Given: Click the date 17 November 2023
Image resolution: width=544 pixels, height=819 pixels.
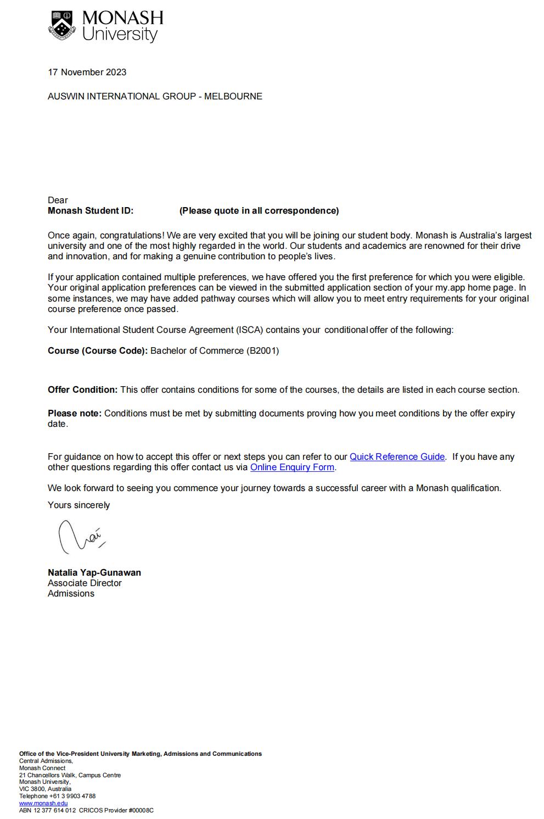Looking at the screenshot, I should tap(87, 73).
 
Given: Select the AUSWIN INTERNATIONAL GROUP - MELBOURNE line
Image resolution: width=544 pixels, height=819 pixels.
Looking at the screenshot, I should tap(155, 97).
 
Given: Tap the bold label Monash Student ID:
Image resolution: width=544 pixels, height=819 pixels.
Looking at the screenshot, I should tap(91, 211).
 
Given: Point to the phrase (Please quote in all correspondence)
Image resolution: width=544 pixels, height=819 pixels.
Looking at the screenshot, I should tap(259, 211).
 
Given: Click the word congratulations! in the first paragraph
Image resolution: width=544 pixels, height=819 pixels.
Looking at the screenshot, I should tap(132, 236).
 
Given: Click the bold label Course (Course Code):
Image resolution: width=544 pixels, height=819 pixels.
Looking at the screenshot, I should tap(98, 351).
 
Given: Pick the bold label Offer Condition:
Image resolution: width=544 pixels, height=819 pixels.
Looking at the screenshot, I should tap(82, 390).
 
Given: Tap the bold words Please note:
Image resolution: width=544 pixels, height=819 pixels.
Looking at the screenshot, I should tap(75, 414).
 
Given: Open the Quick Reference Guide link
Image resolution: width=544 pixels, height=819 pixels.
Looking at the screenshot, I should tap(397, 457).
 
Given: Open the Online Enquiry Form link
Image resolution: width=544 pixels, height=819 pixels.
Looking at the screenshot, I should tap(292, 467).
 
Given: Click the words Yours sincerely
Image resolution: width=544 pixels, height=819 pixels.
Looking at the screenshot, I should tap(78, 505).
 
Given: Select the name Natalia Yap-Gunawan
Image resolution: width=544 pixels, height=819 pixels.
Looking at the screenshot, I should tap(94, 573).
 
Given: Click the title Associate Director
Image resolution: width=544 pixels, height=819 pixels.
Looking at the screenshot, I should tap(85, 583).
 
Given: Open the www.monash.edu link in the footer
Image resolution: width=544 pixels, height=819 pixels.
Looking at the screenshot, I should tap(43, 803).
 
